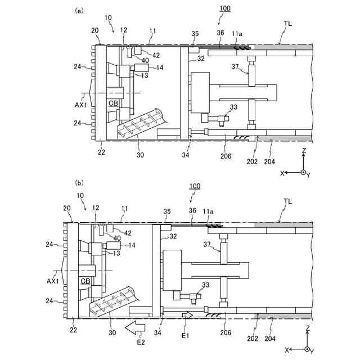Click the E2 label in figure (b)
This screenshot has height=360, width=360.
pos(141,341)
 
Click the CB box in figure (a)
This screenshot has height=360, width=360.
pos(113,103)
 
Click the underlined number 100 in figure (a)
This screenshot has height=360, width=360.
pos(224,8)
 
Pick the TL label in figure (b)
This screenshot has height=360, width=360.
pos(288,201)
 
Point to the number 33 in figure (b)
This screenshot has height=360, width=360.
pos(205,285)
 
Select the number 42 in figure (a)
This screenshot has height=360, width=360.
pos(155,55)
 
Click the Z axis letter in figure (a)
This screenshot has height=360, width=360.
pos(303,151)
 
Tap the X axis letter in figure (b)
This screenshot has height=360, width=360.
pos(287,349)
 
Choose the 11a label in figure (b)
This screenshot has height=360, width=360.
pos(209,211)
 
